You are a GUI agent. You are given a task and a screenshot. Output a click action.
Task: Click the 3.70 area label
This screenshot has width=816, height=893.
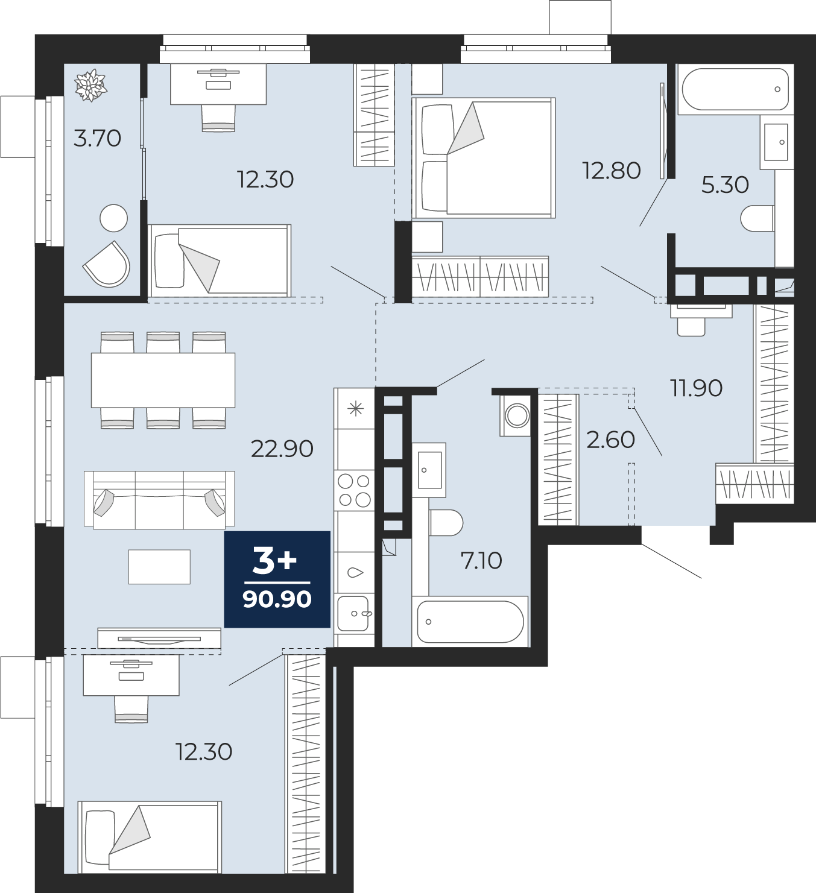point(97,138)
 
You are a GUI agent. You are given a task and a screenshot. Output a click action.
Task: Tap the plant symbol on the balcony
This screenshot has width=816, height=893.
point(91,85)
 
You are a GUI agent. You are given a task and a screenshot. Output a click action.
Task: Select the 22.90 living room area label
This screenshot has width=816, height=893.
point(282,449)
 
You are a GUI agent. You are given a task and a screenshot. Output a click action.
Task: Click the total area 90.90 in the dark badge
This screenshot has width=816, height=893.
point(277,600)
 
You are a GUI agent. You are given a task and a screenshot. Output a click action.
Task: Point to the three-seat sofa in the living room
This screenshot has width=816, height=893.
point(159,500)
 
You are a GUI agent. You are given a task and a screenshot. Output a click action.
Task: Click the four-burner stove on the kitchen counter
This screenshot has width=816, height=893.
point(354,491)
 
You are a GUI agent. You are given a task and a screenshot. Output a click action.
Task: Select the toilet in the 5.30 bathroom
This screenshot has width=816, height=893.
point(757,218)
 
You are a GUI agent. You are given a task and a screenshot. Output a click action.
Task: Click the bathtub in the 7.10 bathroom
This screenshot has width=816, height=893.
point(470,622)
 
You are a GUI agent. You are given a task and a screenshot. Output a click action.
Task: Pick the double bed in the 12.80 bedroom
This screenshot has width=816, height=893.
point(483,157)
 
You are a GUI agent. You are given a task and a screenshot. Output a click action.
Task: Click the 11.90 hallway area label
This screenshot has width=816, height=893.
point(696,388)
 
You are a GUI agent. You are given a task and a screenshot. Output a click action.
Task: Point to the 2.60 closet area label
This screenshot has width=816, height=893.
point(610,440)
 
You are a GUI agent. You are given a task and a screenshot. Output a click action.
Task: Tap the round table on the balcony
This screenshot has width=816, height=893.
point(113,218)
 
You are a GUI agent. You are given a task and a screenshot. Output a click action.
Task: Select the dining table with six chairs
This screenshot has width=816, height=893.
point(163,380)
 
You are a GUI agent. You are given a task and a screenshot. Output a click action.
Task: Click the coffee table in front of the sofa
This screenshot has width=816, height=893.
point(159,567)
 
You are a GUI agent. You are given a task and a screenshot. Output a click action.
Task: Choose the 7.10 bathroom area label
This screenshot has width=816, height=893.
point(481,561)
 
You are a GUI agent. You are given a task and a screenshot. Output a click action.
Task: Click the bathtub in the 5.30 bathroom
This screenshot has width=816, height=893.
point(735,89)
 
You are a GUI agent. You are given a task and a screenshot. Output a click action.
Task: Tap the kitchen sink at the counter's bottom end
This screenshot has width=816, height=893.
point(354,613)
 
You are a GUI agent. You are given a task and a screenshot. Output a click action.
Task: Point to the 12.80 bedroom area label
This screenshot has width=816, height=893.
point(612,171)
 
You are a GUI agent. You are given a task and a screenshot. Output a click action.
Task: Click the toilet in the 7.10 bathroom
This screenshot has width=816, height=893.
point(446,523)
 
